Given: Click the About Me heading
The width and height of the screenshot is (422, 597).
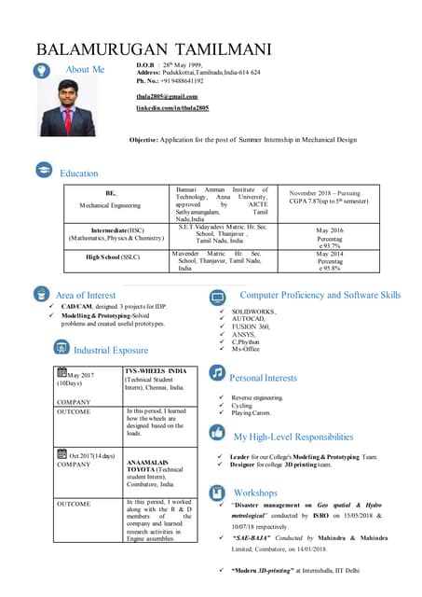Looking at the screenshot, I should pos(86,70).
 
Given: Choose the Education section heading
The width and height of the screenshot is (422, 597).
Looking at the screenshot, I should pos(79,173).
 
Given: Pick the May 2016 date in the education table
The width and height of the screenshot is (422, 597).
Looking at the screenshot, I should pos(330,229).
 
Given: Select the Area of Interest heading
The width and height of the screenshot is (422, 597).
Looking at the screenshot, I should pos(86,295).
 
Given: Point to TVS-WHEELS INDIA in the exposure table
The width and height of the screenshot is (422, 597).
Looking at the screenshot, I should pos(162,370).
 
